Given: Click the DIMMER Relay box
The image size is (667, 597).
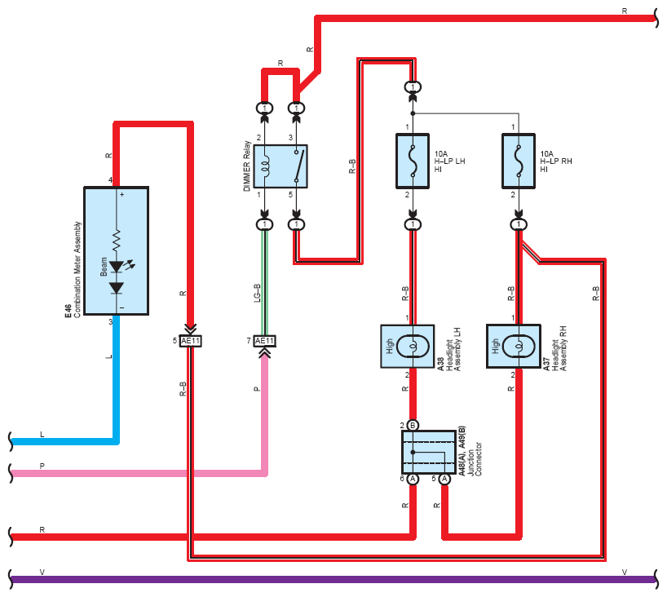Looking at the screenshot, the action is point(280,166).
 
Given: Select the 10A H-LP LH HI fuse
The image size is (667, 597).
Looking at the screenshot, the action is point(413,161).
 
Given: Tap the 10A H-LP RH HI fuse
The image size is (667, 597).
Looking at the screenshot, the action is point(518,161).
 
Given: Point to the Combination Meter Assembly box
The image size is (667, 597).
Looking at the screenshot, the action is point(116,250).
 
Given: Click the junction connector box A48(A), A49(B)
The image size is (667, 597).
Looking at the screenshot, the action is point(429,452).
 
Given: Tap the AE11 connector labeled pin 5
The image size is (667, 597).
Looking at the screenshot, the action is point(190,341).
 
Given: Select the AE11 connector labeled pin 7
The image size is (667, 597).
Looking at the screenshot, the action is point(264,341).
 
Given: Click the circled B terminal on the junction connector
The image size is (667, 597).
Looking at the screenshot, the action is point(413,425).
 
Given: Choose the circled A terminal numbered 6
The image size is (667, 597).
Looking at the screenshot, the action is point(413,479).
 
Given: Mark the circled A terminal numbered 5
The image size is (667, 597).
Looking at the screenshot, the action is point(444,479).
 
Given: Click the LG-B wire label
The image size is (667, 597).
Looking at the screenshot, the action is point(257,293).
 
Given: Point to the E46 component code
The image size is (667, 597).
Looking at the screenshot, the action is point(68,311).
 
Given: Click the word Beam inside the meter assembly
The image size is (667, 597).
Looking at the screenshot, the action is point(104,267).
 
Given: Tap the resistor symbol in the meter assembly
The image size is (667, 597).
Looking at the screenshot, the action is point(116,240).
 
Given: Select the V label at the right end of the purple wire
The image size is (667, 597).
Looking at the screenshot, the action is point(624,573).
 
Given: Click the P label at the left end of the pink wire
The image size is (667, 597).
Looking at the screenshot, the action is point(42,466).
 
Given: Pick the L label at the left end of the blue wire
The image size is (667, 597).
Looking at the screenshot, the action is point(42,435).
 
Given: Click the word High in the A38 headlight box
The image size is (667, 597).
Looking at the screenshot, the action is point(390,346).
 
